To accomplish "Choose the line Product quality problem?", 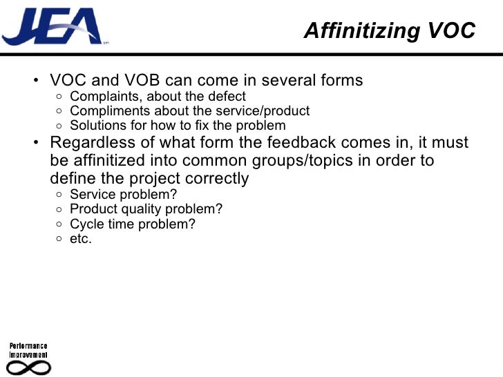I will tap(146, 209).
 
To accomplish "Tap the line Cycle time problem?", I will tap(133, 224).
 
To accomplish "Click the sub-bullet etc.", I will tap(81, 239).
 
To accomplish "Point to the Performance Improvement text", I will tap(28, 349).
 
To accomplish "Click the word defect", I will tap(228, 97).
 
